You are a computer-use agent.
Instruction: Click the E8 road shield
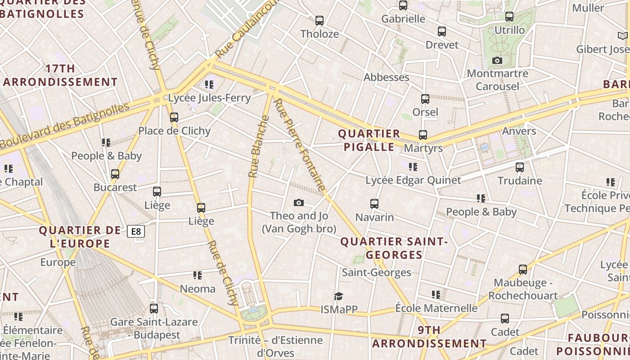[136, 232]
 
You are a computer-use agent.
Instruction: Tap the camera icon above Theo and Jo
[298, 203]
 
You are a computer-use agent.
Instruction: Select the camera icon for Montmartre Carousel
[497, 61]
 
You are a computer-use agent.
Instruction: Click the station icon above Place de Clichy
[174, 117]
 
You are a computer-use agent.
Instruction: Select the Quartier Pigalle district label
[369, 140]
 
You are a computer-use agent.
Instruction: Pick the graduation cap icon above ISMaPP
[338, 296]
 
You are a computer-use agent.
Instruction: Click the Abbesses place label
[387, 77]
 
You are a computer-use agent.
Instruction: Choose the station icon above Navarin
[374, 204]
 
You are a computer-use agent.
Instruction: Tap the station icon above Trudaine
[520, 167]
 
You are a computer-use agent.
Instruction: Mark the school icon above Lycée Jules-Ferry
[209, 85]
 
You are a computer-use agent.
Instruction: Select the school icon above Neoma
[198, 275]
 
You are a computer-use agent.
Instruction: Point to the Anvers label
[519, 131]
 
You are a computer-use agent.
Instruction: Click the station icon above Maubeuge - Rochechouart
[523, 270]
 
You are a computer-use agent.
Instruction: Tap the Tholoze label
[319, 34]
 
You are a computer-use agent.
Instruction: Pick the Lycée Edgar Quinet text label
[413, 180]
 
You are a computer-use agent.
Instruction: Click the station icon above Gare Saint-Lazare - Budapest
[154, 309]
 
